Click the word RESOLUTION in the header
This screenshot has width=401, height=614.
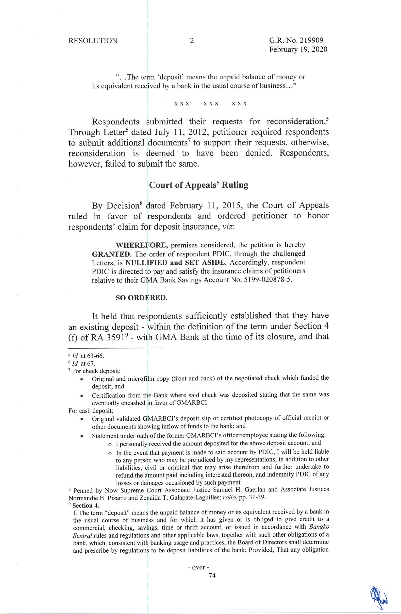point(93,41)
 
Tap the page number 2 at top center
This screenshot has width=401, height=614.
point(192,41)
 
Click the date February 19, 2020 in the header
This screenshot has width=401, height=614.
point(298,49)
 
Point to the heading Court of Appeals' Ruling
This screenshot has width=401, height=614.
point(198,185)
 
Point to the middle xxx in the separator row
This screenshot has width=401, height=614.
point(211,104)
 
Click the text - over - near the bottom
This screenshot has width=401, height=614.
point(198,567)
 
